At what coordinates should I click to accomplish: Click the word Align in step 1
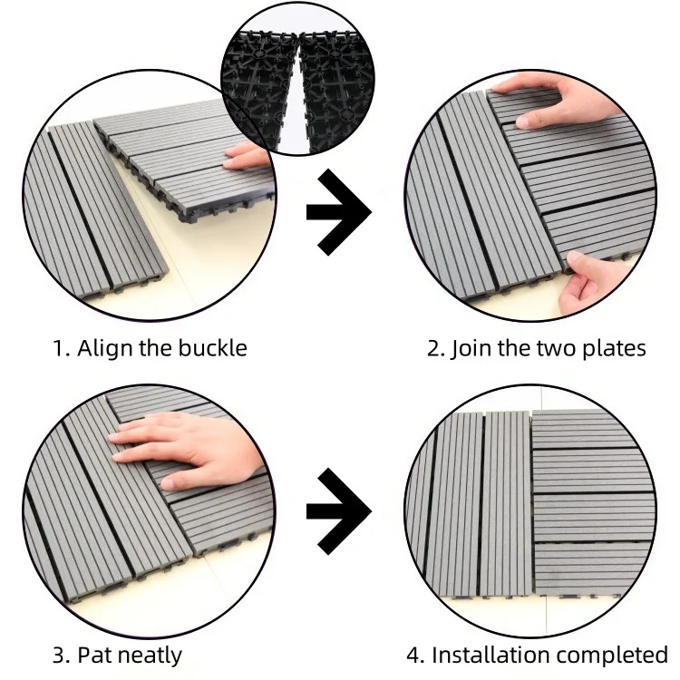pos(104,349)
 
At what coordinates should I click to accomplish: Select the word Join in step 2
pos(471,349)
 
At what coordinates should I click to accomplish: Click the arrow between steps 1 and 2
pos(339,212)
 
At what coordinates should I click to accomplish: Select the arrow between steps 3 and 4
pos(339,511)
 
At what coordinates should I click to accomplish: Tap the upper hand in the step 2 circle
pos(555,100)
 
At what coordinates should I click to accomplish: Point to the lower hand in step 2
pos(594,282)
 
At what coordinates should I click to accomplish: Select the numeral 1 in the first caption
pos(58,349)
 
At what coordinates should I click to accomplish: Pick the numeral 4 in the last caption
pos(413,656)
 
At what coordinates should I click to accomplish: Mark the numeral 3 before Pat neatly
pos(59,656)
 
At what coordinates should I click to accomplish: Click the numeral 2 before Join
pos(433,349)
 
